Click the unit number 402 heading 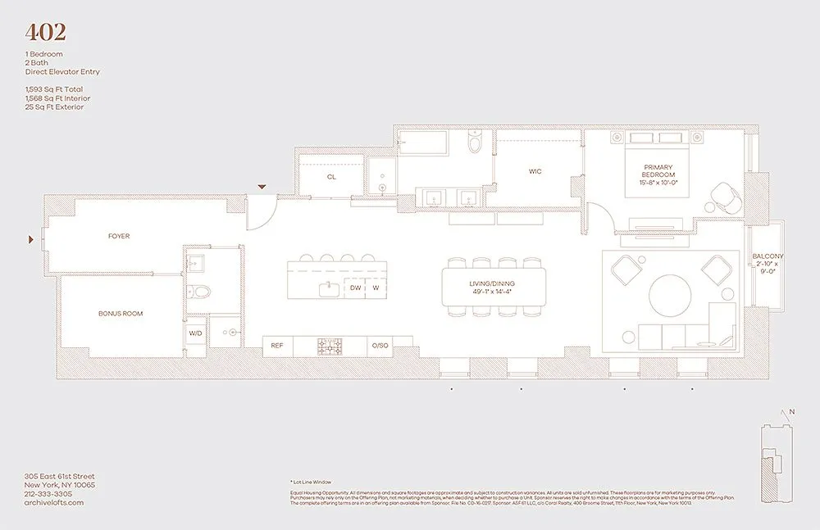point(46,33)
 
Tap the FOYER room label point(119,237)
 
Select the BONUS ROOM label point(121,314)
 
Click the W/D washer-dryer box point(195,333)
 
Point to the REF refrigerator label point(277,347)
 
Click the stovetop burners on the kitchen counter point(331,347)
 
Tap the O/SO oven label point(379,347)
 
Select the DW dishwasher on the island point(355,288)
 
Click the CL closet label point(331,177)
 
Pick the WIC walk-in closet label point(535,171)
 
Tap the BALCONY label point(768,256)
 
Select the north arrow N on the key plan point(791,412)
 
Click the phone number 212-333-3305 point(48,494)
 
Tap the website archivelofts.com point(54,503)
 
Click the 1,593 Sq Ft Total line point(54,89)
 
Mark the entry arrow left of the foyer point(32,239)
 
